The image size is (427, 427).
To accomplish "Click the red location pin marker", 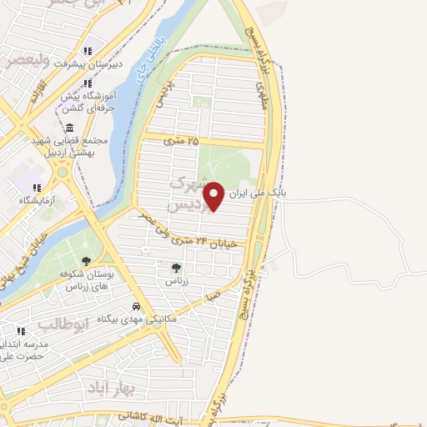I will click(x=214, y=196).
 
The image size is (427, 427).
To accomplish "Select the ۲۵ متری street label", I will click(x=182, y=141).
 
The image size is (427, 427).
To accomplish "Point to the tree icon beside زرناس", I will click(x=175, y=269).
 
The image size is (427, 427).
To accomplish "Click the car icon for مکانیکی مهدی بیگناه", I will click(x=136, y=307).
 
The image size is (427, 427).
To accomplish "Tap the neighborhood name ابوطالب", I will click(x=62, y=323).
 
